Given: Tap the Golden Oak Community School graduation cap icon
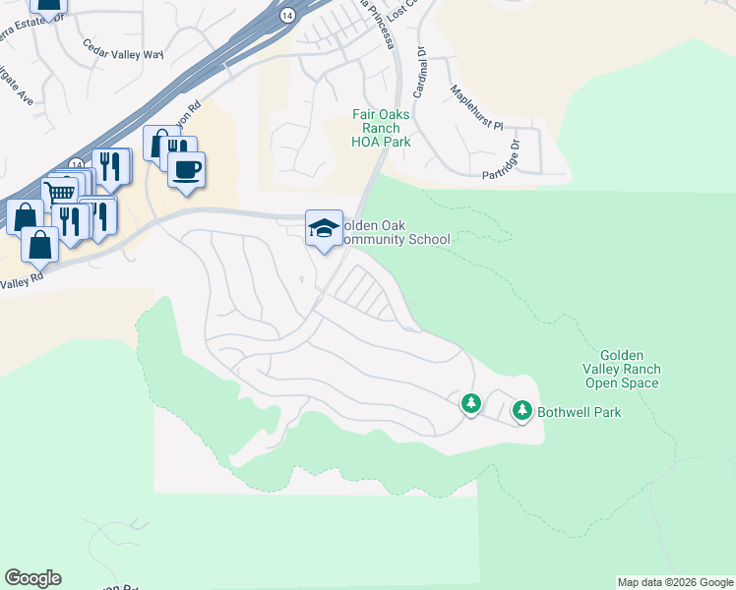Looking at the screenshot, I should (x=324, y=229).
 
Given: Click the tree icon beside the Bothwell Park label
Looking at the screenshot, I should (x=521, y=411).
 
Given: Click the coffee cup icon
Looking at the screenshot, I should (x=186, y=170).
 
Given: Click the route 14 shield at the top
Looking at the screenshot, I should (x=287, y=15).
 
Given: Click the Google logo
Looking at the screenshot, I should (x=32, y=578).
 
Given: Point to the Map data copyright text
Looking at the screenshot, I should (x=675, y=582).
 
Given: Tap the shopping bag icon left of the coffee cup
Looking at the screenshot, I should (x=158, y=144).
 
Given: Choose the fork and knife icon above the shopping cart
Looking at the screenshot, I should (x=111, y=166).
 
